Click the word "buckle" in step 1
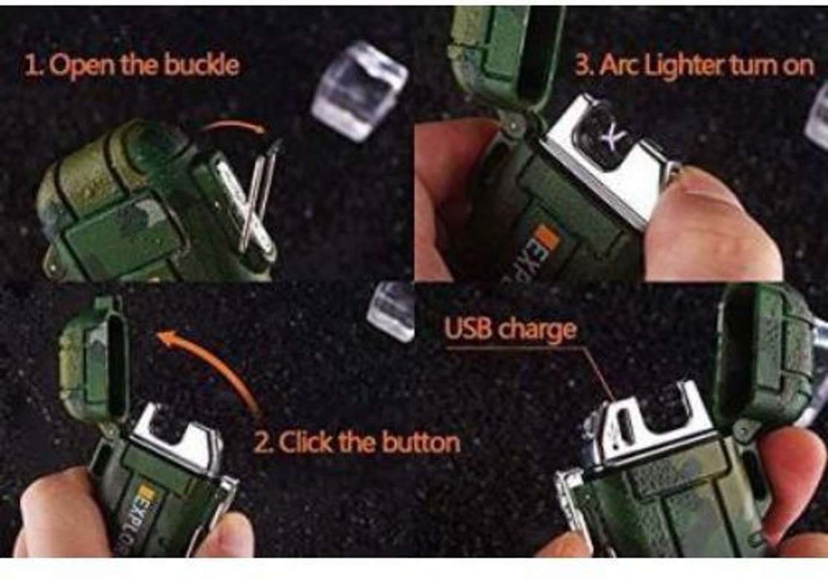coord(202,66)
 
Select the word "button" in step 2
coord(421,443)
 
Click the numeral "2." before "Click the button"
coord(263,443)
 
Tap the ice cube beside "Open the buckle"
coord(359,91)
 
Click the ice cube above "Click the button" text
coord(392,310)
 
